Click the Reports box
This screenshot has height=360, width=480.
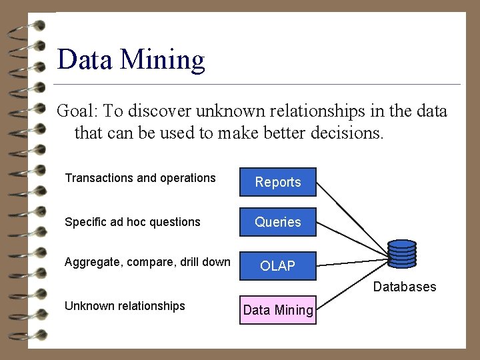(278, 182)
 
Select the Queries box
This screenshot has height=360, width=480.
(278, 222)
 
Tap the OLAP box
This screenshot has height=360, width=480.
(278, 266)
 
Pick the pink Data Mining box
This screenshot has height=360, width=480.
(278, 309)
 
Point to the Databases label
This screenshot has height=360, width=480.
(405, 287)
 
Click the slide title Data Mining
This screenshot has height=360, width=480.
(131, 59)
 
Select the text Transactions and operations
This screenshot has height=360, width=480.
(140, 178)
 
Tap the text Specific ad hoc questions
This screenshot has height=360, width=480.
(132, 222)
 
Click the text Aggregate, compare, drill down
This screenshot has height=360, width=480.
(147, 262)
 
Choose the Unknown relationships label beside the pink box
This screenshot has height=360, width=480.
(125, 306)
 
